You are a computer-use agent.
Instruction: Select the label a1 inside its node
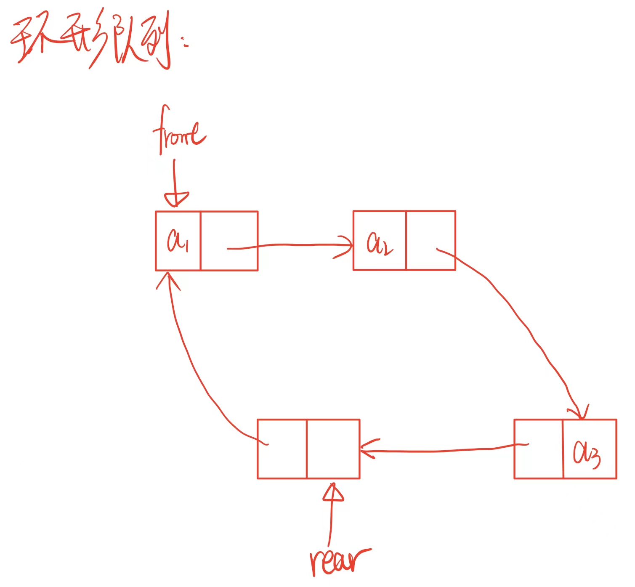177,240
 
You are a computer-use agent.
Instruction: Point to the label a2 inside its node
379,243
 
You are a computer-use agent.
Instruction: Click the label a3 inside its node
587,454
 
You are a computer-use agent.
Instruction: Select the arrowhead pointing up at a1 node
168,279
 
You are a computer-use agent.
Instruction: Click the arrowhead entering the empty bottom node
367,449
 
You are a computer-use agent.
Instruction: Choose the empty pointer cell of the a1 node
229,240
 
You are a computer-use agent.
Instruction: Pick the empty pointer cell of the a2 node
430,240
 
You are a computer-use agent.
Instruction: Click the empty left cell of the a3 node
538,449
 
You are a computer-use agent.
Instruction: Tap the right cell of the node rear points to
333,449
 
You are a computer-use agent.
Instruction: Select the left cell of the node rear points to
282,449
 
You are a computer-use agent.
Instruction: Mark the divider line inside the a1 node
201,240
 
